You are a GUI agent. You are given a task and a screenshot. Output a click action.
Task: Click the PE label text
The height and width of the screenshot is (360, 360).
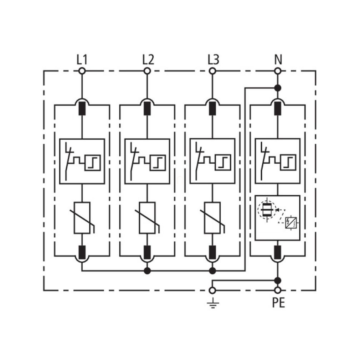[x=278, y=303]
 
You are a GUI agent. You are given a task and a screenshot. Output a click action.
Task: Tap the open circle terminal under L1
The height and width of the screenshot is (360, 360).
[x=82, y=71]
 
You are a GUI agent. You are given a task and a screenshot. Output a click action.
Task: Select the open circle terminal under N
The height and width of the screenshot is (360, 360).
[x=278, y=71]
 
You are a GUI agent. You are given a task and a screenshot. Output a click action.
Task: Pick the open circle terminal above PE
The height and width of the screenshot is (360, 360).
[x=278, y=290]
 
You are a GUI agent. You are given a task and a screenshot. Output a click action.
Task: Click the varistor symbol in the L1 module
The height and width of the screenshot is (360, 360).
[x=82, y=218]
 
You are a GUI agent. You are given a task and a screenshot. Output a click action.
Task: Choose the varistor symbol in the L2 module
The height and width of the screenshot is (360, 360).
[x=147, y=218]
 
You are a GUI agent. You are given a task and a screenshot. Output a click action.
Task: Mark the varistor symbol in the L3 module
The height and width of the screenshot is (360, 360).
[x=213, y=218]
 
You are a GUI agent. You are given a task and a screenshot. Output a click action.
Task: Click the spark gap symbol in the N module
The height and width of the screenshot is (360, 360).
[x=266, y=210]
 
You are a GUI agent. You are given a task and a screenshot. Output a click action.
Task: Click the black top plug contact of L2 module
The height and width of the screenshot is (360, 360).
[x=147, y=109]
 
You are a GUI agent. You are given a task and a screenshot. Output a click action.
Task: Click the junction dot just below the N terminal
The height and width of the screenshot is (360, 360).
[x=278, y=88]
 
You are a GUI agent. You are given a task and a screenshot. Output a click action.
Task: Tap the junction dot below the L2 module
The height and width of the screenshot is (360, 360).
[x=147, y=271]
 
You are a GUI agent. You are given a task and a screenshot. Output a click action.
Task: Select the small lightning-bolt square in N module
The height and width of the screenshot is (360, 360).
[x=291, y=222]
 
